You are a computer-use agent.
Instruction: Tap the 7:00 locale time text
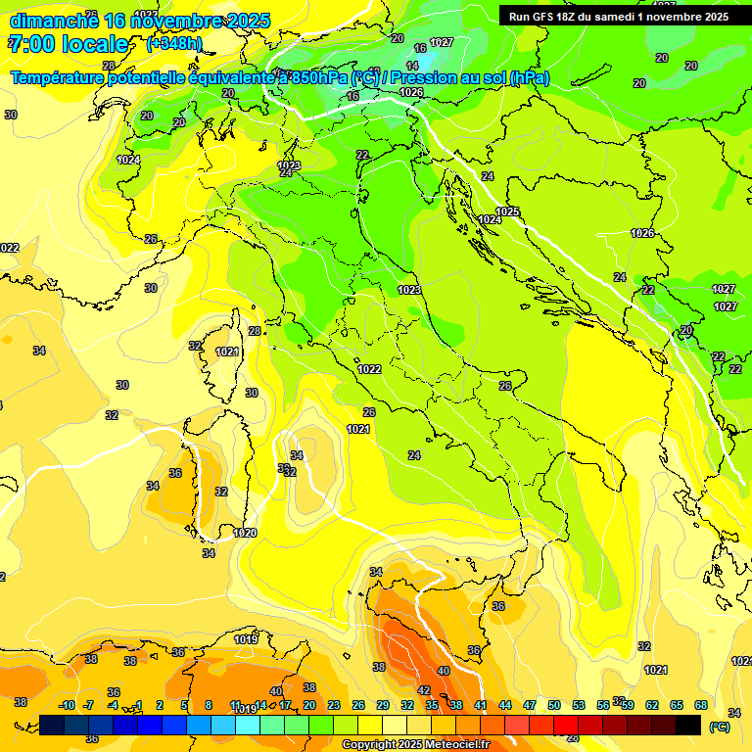pyautogui.click(x=69, y=44)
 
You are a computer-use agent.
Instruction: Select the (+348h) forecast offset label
pyautogui.click(x=174, y=44)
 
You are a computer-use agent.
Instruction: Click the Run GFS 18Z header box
pyautogui.click(x=619, y=16)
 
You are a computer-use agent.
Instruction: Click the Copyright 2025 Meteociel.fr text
pyautogui.click(x=415, y=745)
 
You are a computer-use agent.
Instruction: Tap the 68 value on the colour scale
pyautogui.click(x=701, y=705)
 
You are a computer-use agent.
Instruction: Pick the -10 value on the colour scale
pyautogui.click(x=67, y=705)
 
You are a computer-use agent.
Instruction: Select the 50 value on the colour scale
pyautogui.click(x=554, y=705)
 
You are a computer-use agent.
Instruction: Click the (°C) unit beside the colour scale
pyautogui.click(x=720, y=728)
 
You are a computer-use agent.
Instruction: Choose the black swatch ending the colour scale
pyautogui.click(x=689, y=726)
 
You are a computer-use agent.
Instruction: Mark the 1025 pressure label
pyautogui.click(x=507, y=211)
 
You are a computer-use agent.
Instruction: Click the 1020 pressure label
pyautogui.click(x=245, y=533)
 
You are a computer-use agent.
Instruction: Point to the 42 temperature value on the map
pyautogui.click(x=424, y=690)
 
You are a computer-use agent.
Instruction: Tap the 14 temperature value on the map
pyautogui.click(x=412, y=66)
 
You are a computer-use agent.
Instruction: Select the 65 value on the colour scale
pyautogui.click(x=677, y=705)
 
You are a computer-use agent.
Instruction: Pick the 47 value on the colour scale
pyautogui.click(x=530, y=705)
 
